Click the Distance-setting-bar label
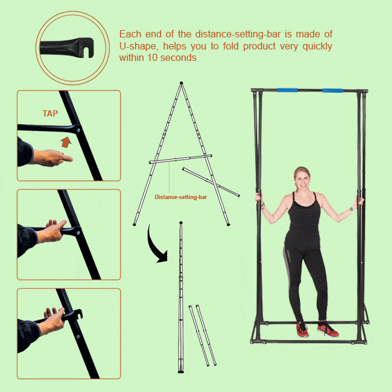[x=181, y=197]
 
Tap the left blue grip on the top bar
[x=287, y=90]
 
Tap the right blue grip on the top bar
[x=332, y=90]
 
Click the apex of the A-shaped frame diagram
[x=181, y=83]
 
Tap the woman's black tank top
[x=303, y=220]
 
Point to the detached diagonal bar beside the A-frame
[x=211, y=182]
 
